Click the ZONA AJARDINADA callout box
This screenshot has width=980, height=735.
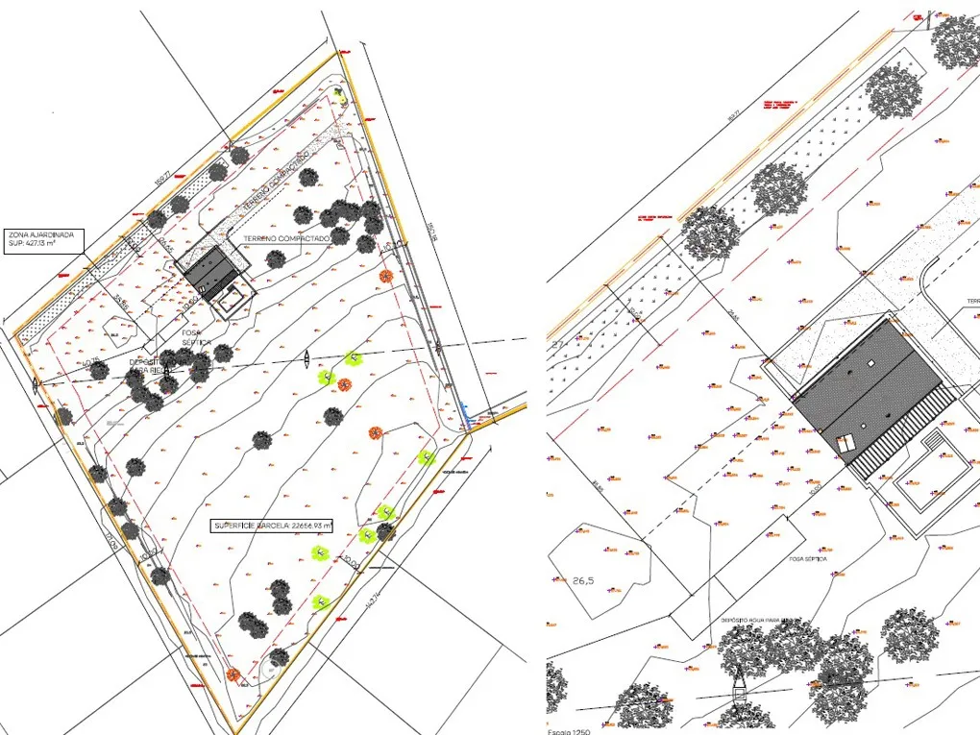click(x=44, y=239)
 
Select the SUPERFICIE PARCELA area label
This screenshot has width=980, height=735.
click(x=273, y=526)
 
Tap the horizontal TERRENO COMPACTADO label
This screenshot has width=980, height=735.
click(x=287, y=237)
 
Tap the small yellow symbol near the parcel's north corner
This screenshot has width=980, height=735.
click(x=340, y=93)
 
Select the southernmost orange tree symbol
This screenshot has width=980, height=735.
click(x=233, y=674)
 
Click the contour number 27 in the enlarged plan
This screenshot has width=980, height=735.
click(x=557, y=343)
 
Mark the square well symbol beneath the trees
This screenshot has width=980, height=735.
click(x=740, y=693)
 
